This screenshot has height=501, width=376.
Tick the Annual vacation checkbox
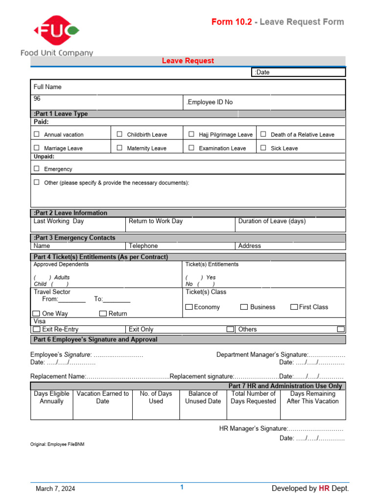37,134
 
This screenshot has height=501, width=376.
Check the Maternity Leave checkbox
119,148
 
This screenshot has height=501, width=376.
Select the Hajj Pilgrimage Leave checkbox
191,134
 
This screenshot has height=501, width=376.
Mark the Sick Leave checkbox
263,148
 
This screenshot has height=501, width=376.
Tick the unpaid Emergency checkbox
37,168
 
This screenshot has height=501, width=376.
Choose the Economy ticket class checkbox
189,307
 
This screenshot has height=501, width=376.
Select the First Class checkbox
294,307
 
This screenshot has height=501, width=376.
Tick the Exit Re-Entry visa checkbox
37,329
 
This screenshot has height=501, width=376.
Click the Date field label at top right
262,72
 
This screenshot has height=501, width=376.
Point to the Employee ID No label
210,102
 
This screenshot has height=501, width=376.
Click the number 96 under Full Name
37,98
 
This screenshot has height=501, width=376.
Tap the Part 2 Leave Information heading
70,213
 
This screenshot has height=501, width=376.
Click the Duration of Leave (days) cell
272,221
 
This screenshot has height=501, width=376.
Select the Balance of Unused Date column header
203,397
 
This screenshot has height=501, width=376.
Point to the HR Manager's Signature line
281,429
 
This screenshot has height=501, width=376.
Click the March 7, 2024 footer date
55,488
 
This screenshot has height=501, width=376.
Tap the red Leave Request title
188,61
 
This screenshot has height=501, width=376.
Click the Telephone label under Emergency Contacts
143,246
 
